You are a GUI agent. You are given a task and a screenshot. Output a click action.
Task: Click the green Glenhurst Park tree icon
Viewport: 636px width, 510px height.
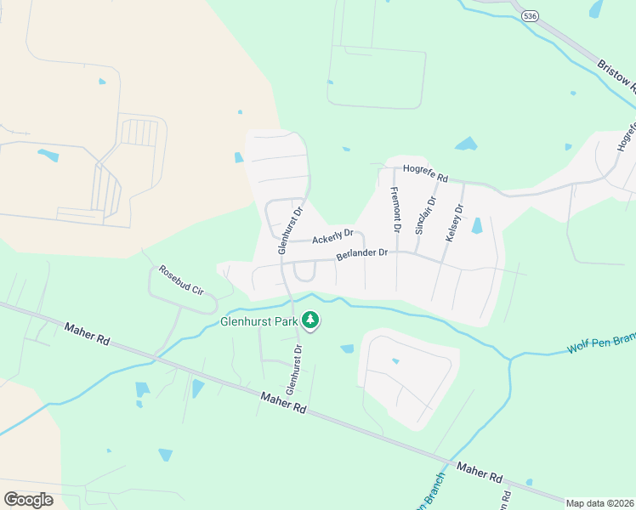click(x=312, y=320)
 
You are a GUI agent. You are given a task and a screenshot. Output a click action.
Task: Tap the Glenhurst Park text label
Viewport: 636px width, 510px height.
click(x=260, y=322)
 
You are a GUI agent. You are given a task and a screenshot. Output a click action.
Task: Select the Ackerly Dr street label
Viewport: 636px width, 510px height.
click(x=332, y=239)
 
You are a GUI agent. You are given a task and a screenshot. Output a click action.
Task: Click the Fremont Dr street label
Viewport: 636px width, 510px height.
click(x=395, y=210)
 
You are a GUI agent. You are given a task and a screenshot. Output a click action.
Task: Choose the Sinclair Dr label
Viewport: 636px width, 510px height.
click(x=420, y=214)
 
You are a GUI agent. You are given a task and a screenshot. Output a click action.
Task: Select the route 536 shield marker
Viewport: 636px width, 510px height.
click(x=531, y=16)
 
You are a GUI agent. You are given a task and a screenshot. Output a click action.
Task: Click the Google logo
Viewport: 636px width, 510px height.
click(x=28, y=499)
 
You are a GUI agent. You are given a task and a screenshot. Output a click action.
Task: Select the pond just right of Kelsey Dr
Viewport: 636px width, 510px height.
click(x=476, y=225)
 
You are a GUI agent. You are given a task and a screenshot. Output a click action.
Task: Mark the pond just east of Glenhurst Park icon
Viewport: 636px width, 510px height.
click(x=347, y=348)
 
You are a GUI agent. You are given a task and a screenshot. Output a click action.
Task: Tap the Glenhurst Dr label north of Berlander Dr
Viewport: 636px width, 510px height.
click(x=289, y=230)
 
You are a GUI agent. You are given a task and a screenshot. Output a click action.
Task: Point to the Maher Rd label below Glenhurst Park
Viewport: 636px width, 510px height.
click(x=282, y=403)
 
